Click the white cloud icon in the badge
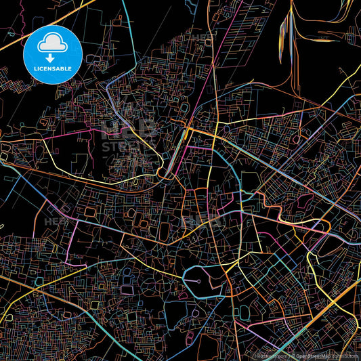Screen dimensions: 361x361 click(52, 43)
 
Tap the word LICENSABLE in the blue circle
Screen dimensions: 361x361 click(52, 68)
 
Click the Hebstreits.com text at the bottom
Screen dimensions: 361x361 click(270, 355)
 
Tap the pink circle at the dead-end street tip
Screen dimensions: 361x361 click(198, 278)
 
